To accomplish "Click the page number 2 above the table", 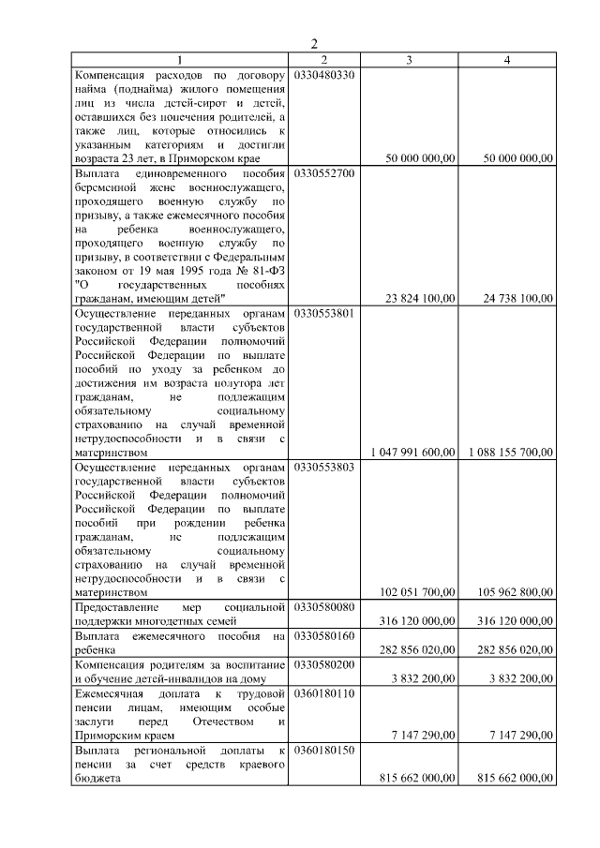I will [315, 44].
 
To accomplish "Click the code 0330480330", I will [324, 74].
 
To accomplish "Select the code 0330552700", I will [324, 174].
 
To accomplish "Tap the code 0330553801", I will [324, 313].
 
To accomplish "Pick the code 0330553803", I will [324, 466].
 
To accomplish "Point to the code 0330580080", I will [324, 607].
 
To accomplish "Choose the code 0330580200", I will [324, 664].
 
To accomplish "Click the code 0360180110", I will [324, 693].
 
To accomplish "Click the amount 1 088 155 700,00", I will [511, 452].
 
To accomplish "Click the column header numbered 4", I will [507, 60].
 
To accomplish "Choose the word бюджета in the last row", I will [97, 793].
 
